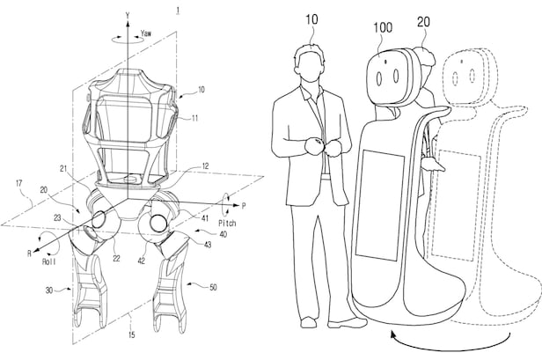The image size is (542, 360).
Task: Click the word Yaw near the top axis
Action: (148, 32)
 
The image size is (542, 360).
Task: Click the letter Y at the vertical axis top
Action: (128, 15)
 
